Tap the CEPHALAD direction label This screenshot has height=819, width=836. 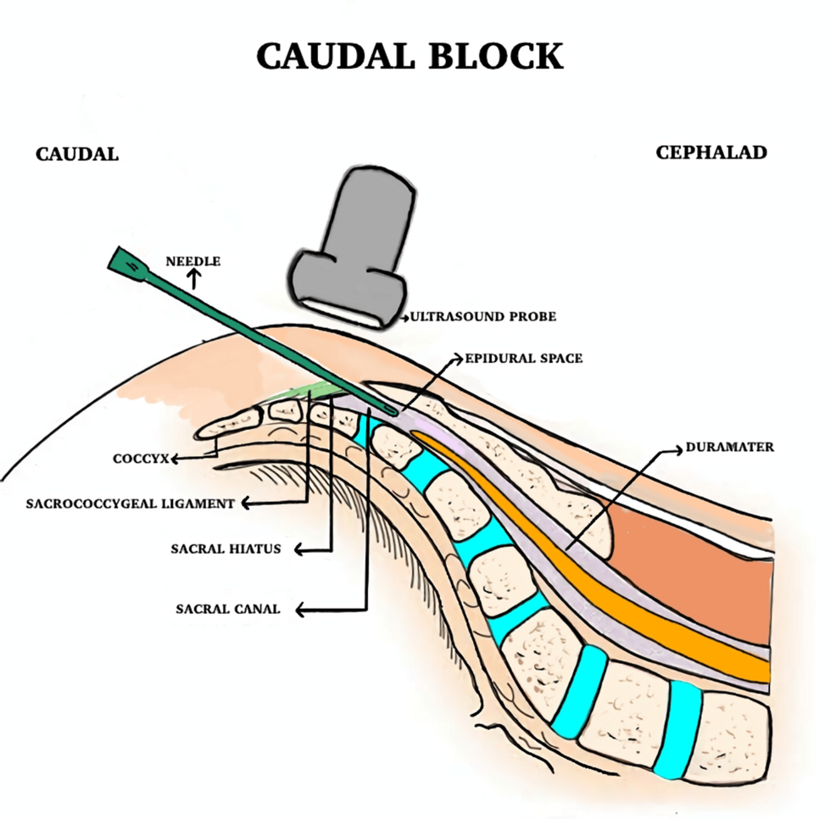pyautogui.click(x=711, y=153)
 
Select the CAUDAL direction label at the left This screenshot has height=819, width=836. pyautogui.click(x=76, y=154)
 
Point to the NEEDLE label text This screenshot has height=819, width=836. pyautogui.click(x=192, y=261)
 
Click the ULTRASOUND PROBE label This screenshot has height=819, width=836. pyautogui.click(x=484, y=316)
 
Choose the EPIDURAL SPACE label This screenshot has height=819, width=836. pyautogui.click(x=523, y=359)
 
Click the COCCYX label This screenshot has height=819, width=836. pyautogui.click(x=139, y=460)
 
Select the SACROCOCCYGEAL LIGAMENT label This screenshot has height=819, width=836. pyautogui.click(x=129, y=504)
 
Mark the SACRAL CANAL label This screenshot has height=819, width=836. pyautogui.click(x=228, y=609)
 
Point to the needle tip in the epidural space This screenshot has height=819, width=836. pyautogui.click(x=391, y=411)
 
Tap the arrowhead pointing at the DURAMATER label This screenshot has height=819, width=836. pyautogui.click(x=679, y=448)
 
